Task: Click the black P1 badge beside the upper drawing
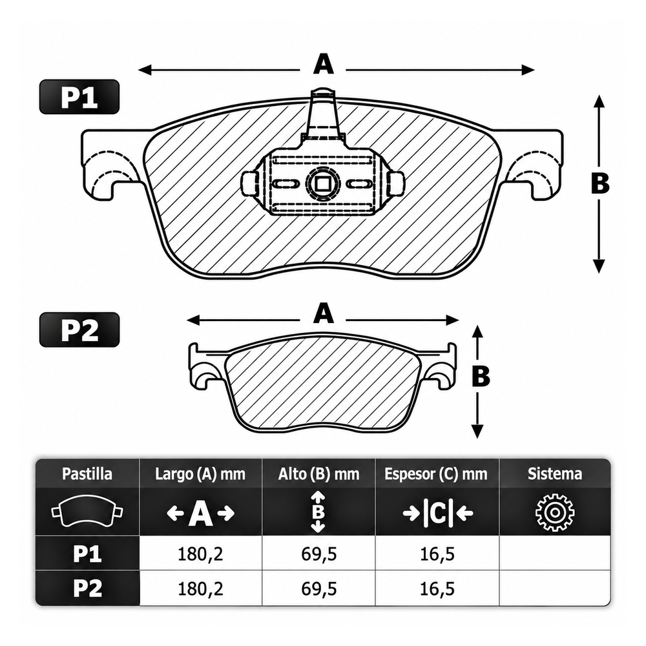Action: click(x=79, y=97)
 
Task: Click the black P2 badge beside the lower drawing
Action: click(x=79, y=329)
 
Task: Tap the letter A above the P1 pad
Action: click(x=324, y=65)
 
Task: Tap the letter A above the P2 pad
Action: click(x=324, y=313)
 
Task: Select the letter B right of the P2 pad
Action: click(x=481, y=376)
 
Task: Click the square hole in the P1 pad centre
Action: click(x=322, y=183)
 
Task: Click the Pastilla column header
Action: click(x=87, y=474)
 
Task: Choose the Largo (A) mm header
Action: click(x=200, y=474)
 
